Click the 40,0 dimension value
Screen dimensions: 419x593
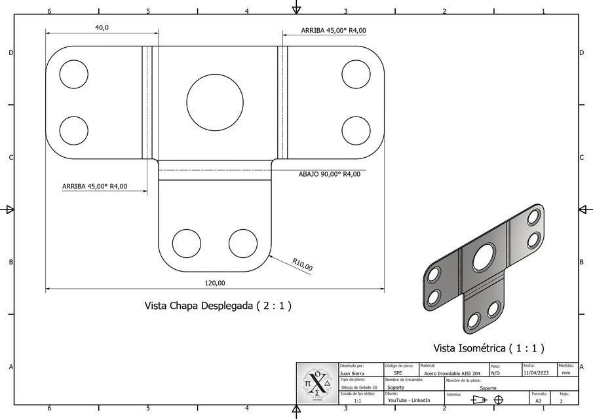pos(102,27)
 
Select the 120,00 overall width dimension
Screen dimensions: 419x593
pos(215,283)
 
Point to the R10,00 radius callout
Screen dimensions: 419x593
pos(302,264)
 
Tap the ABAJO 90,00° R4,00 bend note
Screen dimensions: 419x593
pos(329,174)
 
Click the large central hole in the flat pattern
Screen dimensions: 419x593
pos(215,102)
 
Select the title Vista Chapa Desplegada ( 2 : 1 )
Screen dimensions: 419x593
pos(218,306)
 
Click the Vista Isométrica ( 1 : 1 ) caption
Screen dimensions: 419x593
pos(489,348)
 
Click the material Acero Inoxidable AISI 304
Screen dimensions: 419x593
pos(452,373)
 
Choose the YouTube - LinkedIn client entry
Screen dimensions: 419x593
pos(409,400)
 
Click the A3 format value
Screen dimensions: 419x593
pos(538,400)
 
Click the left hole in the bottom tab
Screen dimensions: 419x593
pos(187,243)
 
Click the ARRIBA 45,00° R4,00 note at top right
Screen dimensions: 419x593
pos(334,30)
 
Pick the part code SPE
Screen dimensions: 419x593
pos(398,373)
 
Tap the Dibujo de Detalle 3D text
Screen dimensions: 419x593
pos(360,387)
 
